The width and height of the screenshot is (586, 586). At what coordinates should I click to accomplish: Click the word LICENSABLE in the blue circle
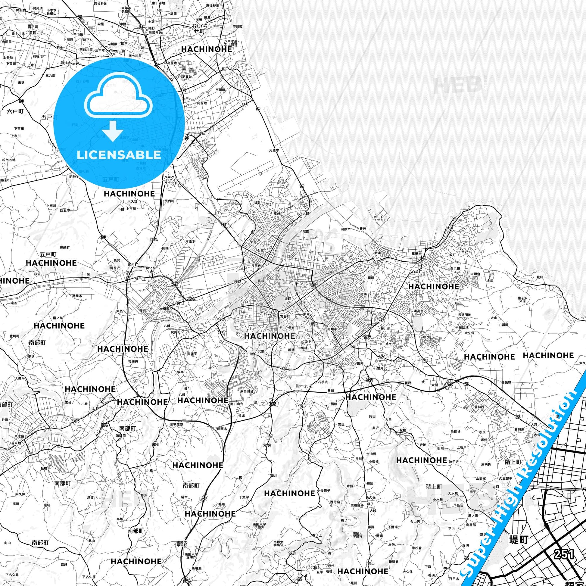click(x=119, y=155)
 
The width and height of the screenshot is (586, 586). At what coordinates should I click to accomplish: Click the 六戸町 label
click(x=15, y=111)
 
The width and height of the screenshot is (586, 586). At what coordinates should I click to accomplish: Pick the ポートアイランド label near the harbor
click(x=380, y=218)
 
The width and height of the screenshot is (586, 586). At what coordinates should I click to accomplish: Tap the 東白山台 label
click(x=247, y=391)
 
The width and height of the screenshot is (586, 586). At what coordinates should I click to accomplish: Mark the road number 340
click(x=267, y=445)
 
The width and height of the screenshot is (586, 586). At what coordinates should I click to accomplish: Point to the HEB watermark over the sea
click(x=458, y=85)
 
